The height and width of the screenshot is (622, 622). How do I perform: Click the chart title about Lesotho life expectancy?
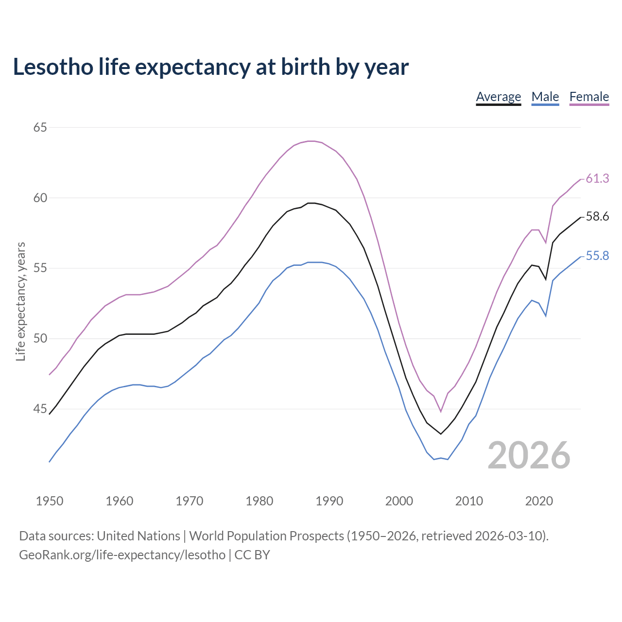[x=210, y=67]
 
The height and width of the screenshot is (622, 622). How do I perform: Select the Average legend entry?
[x=498, y=97]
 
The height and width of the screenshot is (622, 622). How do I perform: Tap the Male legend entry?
[x=545, y=97]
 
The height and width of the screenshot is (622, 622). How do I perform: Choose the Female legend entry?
[x=589, y=97]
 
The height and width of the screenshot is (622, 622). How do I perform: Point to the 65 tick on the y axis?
[x=40, y=127]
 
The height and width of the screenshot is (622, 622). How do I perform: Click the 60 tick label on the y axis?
[x=40, y=198]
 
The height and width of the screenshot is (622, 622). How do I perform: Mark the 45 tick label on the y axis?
[x=40, y=409]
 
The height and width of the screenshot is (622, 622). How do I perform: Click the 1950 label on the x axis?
[x=50, y=501]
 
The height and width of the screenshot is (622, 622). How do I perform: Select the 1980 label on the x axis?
[x=259, y=501]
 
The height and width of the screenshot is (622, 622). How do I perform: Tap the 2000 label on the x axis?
[x=399, y=501]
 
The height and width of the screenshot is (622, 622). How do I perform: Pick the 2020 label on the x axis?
[x=539, y=501]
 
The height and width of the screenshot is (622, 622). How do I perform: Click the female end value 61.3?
[x=597, y=179]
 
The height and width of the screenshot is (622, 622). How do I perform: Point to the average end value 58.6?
[x=597, y=217]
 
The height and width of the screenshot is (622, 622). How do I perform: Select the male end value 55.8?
[x=597, y=256]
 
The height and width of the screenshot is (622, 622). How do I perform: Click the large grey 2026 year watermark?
[x=529, y=455]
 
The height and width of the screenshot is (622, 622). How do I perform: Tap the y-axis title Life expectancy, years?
[x=20, y=302]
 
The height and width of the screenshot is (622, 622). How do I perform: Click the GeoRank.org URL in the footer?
[x=122, y=555]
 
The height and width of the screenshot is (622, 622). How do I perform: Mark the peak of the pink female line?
[x=311, y=141]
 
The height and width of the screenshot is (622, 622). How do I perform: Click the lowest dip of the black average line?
[x=441, y=433]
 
